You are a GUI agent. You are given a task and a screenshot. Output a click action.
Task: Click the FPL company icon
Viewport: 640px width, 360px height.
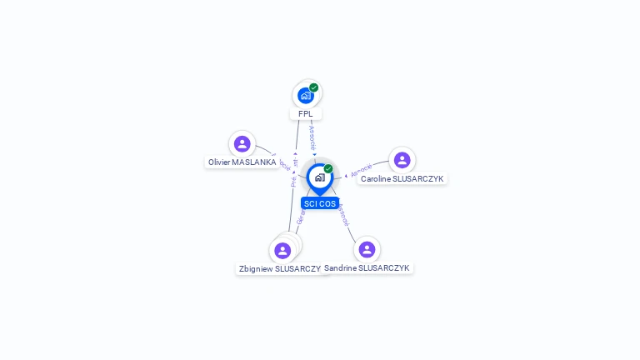coord(306,96)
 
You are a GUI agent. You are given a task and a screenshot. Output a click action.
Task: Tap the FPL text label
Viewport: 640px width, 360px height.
coord(305,114)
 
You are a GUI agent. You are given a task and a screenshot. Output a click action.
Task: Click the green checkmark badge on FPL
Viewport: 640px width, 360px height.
coord(314,87)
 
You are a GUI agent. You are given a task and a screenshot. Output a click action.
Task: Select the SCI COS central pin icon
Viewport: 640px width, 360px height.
coord(319,177)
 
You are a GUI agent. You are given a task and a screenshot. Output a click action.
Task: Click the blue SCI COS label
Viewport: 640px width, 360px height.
coord(320,203)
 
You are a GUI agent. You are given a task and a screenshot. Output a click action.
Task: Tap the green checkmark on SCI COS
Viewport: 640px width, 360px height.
coord(328,168)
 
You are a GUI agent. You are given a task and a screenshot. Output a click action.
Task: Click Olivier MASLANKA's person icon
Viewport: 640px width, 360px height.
coord(242,144)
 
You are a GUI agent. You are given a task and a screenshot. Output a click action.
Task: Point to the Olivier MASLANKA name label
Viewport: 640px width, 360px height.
coord(242,162)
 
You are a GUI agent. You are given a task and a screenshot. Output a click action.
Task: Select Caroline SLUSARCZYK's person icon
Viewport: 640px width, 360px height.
coord(402,160)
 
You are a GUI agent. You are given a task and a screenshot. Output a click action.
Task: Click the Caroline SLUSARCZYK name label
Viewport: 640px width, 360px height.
coord(402,179)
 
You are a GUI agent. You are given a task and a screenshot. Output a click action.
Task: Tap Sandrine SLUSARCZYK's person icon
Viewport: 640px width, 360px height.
coord(367,249)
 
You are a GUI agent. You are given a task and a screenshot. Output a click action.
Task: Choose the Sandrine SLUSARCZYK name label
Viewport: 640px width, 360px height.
coord(367,268)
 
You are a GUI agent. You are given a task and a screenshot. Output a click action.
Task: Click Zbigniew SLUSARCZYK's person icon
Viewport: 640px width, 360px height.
coord(282,250)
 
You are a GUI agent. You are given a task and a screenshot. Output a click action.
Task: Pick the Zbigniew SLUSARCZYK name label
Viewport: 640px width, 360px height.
coord(279,269)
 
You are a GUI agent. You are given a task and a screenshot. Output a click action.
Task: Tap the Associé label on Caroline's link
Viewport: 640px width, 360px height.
coord(361,170)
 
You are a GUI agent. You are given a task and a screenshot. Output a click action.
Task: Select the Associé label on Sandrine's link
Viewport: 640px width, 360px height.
coord(343,215)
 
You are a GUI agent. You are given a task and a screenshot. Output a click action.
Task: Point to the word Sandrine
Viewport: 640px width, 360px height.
coord(340,268)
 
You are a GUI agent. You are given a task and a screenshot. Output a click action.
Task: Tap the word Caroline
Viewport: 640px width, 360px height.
coord(377,179)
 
